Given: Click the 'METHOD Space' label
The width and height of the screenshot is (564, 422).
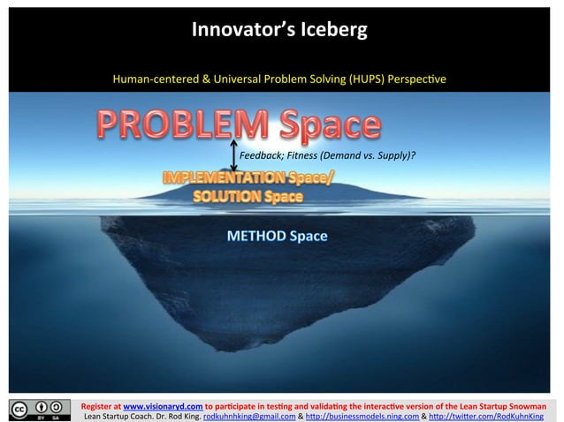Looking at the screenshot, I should click(x=277, y=236).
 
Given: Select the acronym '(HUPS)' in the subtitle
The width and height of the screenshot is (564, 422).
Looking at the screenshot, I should click(x=354, y=79).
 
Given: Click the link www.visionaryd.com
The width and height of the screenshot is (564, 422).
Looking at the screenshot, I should click(x=164, y=399).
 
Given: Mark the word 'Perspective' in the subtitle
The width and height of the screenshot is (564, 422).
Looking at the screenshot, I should click(x=415, y=79).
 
